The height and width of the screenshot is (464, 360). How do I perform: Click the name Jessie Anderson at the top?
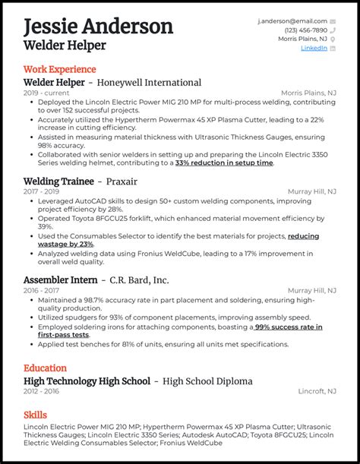coord(99,27)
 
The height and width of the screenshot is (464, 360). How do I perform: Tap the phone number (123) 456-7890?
coord(306,30)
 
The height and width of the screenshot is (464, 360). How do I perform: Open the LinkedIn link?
coord(314,48)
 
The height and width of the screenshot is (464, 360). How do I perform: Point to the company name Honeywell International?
coord(154,82)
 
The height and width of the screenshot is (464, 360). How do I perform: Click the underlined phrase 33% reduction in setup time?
coord(224,163)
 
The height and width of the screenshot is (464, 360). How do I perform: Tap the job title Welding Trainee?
coord(58,181)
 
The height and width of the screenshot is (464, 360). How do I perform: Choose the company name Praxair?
coord(122,181)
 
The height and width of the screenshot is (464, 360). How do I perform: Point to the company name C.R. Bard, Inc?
coord(140,279)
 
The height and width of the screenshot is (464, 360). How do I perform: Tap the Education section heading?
coord(45,368)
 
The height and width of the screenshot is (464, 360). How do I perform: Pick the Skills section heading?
coord(35,415)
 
